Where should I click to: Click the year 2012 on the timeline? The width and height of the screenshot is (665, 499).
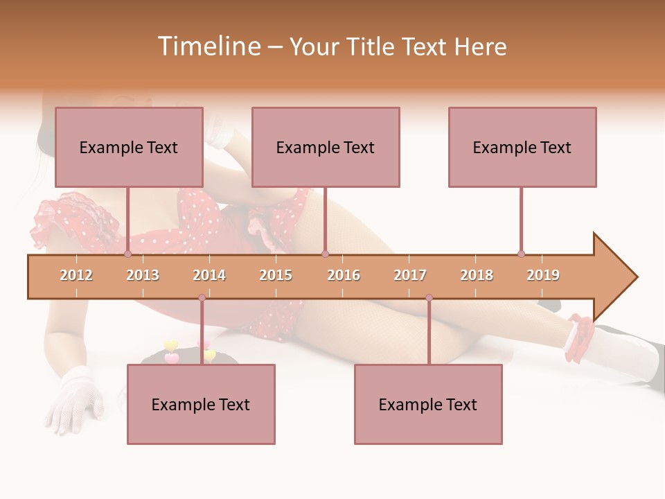[x=76, y=275]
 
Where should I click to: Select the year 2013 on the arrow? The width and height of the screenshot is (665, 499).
[x=143, y=275]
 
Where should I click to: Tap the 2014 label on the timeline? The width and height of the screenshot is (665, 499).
[x=209, y=275]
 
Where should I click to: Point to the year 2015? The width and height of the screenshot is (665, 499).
[x=276, y=275]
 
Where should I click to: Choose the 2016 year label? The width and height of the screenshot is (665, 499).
[x=344, y=275]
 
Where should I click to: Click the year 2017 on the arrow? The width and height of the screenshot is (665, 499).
[x=410, y=275]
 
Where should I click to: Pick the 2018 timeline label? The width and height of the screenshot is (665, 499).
[x=477, y=275]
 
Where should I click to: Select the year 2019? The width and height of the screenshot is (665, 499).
[x=543, y=275]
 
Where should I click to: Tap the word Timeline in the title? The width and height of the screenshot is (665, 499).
[x=207, y=46]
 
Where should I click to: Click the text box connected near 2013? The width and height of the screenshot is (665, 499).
[x=129, y=147]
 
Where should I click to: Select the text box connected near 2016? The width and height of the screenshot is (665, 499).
[x=326, y=147]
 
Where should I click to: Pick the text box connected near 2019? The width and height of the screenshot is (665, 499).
[x=522, y=147]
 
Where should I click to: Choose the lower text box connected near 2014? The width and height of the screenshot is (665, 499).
[x=201, y=404]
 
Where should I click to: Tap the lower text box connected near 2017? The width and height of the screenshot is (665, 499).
[x=428, y=404]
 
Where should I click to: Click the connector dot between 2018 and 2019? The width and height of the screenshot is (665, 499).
[x=521, y=254]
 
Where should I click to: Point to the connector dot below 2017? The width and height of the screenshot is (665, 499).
[x=429, y=298]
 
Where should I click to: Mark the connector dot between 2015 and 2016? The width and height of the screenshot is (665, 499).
[x=325, y=254]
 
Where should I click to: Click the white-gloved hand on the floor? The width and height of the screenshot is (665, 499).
[x=73, y=399]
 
